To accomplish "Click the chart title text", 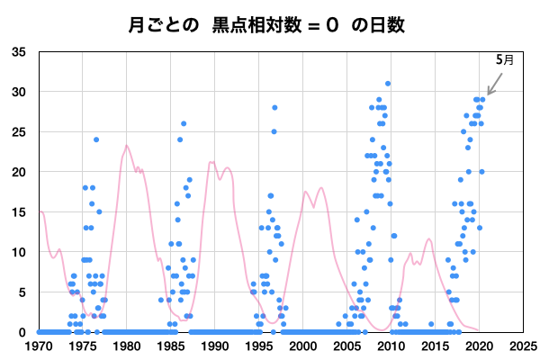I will point(266,24).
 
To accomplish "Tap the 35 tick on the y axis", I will point(18,52).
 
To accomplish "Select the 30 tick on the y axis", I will point(18,92).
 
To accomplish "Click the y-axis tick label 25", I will point(18,132).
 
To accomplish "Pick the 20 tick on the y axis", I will point(18,172).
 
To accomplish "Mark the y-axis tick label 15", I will point(18,212).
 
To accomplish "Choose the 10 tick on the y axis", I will point(18,252).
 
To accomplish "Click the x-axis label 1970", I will point(38,346).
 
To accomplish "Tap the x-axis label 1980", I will point(126,346).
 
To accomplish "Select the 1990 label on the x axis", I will point(214,346).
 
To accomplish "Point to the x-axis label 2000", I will point(302,346).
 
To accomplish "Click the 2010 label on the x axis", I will point(391,346).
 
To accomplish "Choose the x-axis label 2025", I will point(523,346).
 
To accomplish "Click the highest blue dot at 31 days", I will point(388,84).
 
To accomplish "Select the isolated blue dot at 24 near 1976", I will point(96,139).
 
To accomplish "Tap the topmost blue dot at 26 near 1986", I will point(184,123).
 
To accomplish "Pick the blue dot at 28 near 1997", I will point(274,108).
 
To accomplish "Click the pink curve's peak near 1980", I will point(127,146).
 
